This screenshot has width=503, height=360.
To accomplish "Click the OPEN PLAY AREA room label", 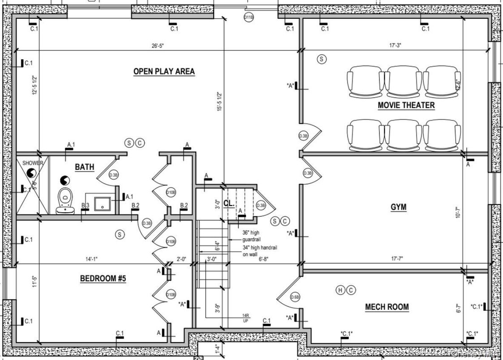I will coord(164,72).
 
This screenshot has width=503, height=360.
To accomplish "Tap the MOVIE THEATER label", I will coord(406,105).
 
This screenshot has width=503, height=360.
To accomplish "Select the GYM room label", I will coord(398,207).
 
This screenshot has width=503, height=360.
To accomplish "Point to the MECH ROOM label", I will coord(387,307).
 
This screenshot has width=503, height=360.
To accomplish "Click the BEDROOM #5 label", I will coord(103,279).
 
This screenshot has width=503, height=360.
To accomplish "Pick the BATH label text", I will coord(84,167).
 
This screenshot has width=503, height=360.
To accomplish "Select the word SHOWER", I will coord(33,163).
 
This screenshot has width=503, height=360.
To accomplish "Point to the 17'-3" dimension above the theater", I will coord(395,46).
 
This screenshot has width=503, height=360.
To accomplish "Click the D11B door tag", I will coord(249,17).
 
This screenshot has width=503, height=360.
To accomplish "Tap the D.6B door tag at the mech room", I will coord(295,297).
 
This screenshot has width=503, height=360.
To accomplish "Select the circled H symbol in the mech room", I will coord(340,291).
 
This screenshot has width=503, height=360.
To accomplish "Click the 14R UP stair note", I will coord(245,317).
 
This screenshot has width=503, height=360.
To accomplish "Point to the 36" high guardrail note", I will coord(251,236).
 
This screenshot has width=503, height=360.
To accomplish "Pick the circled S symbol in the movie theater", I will coord(322,59).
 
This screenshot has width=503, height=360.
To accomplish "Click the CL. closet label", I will coord(228,203).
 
